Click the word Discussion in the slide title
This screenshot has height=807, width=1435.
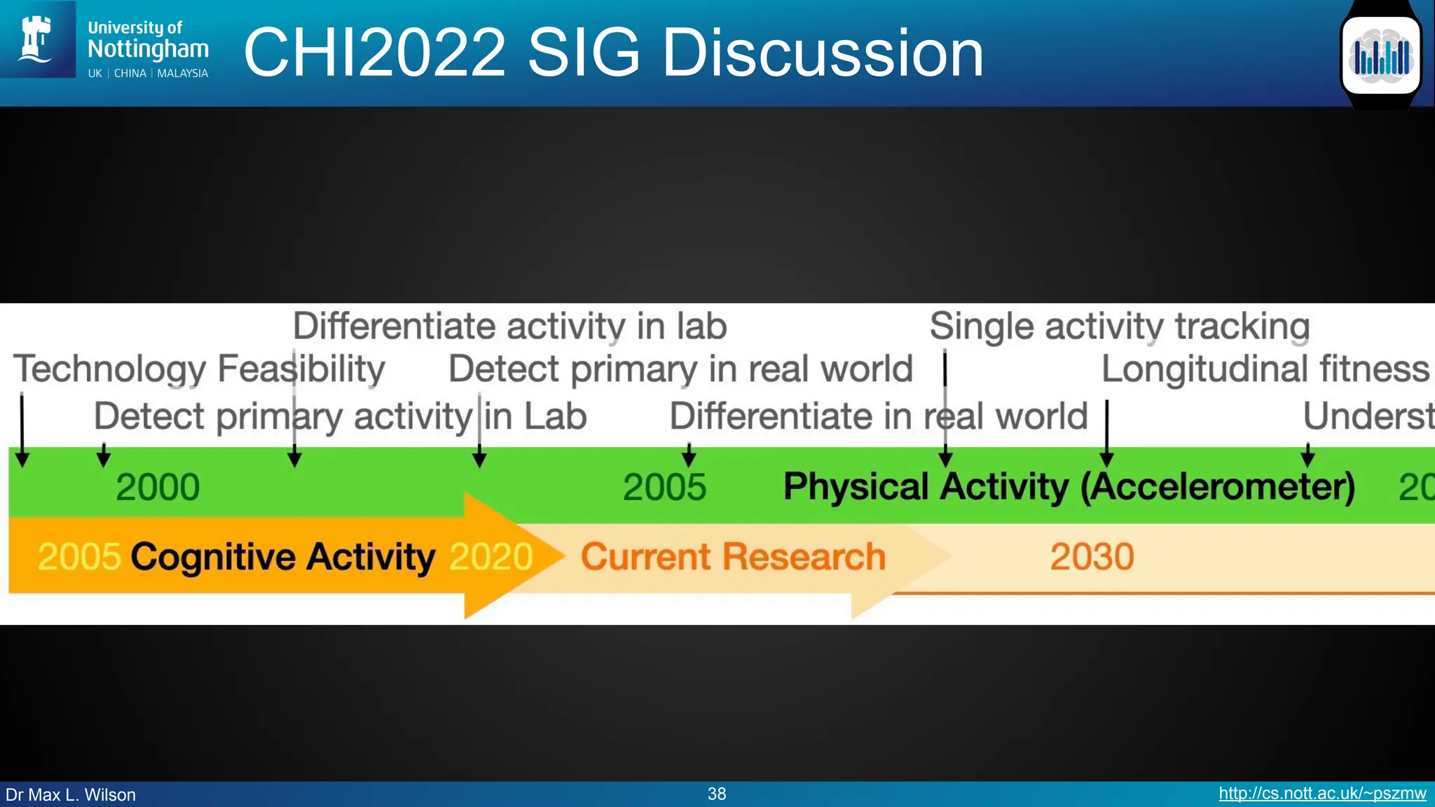click(x=823, y=53)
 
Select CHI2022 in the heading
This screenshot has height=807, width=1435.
click(x=374, y=53)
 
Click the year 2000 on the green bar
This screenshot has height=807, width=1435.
click(x=158, y=487)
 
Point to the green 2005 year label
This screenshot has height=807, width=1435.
click(x=664, y=487)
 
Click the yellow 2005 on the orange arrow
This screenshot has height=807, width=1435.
click(x=79, y=557)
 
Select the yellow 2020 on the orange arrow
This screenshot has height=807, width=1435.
click(x=490, y=557)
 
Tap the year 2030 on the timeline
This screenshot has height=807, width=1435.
click(x=1092, y=557)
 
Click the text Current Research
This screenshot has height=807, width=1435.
click(x=733, y=557)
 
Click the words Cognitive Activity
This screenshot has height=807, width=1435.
click(x=283, y=557)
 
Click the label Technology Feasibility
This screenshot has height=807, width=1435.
click(x=199, y=369)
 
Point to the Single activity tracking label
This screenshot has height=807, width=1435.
click(x=1119, y=326)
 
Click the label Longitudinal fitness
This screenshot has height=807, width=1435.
click(x=1265, y=369)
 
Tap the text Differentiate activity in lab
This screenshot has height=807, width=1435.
click(x=509, y=326)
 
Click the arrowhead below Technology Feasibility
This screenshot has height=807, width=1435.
click(x=22, y=460)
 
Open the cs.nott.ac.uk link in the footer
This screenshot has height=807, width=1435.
click(x=1321, y=794)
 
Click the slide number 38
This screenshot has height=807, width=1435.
click(x=717, y=794)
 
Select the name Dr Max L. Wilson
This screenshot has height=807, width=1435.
click(x=71, y=795)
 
